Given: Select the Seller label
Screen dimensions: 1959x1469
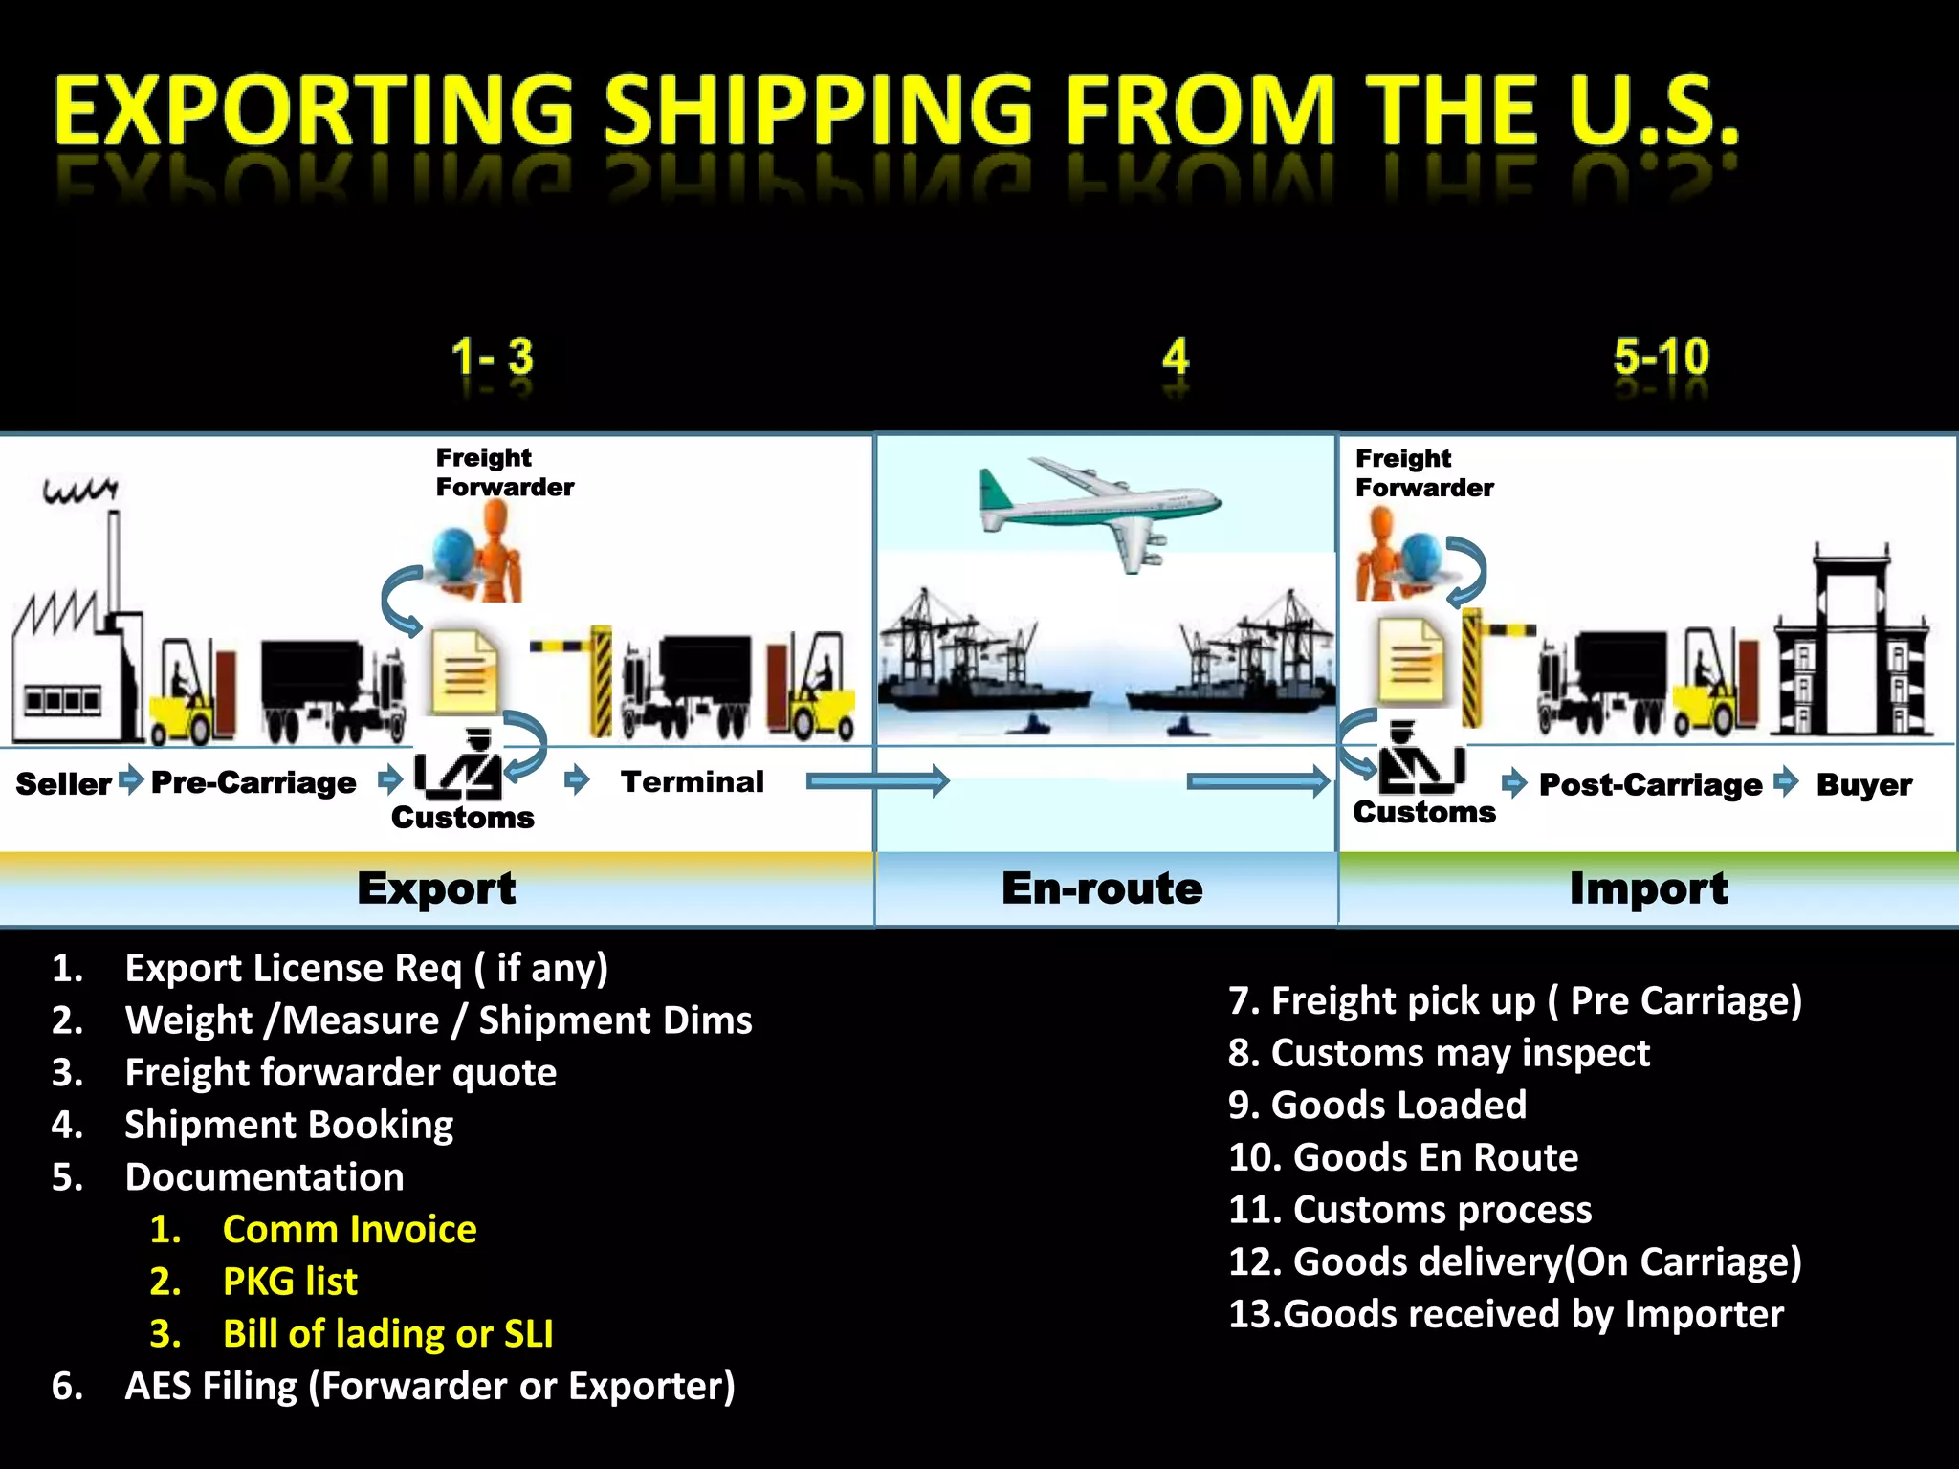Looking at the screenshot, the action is (63, 784).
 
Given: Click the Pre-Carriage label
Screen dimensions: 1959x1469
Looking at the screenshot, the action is (253, 783).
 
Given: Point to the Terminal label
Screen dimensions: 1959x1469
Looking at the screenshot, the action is (693, 782).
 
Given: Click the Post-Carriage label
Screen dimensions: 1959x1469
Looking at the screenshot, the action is (1650, 785).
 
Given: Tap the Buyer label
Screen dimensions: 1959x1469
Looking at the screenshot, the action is (1863, 785).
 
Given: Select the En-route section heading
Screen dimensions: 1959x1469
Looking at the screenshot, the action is (1102, 888).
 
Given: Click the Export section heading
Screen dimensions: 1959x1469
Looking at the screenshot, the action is (436, 888).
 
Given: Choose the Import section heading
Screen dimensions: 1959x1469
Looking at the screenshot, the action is (1648, 888).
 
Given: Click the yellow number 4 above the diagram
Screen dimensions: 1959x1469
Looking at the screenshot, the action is (1176, 358).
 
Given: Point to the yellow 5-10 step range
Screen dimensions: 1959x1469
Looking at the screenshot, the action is (1661, 358).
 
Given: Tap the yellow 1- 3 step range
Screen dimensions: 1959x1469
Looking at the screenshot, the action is (492, 358).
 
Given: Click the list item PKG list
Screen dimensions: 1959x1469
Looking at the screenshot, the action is (290, 1282).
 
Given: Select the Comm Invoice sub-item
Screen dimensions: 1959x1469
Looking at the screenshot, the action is (349, 1229).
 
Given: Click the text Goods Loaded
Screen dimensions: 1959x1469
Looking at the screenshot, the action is (1398, 1106).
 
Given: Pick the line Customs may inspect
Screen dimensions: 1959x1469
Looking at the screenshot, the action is (1460, 1053).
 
